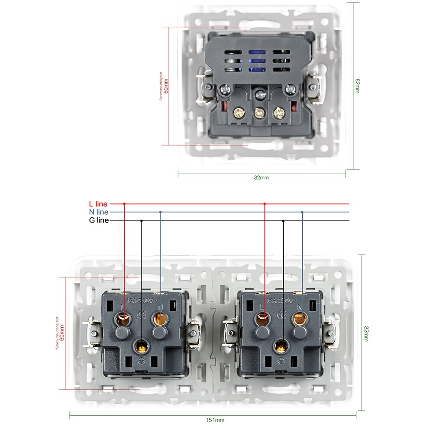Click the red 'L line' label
pyautogui.click(x=98, y=204)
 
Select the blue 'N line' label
pyautogui.click(x=98, y=212)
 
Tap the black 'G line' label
pyautogui.click(x=99, y=221)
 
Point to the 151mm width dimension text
pyautogui.click(x=215, y=420)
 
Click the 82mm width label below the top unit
pyautogui.click(x=261, y=178)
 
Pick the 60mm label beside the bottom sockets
pyautogui.click(x=62, y=333)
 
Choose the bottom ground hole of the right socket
pyautogui.click(x=281, y=346)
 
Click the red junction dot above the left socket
pyautogui.click(x=124, y=204)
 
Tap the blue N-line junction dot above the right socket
pyautogui.click(x=302, y=212)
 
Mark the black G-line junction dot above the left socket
pyautogui.click(x=141, y=221)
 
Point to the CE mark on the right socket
pyautogui.click(x=282, y=314)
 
